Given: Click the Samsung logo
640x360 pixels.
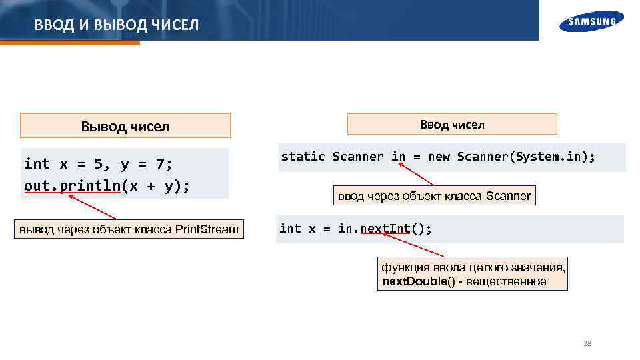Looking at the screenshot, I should [591, 21].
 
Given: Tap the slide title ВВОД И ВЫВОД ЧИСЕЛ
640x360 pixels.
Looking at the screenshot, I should [117, 25].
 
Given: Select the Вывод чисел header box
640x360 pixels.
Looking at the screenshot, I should [125, 126].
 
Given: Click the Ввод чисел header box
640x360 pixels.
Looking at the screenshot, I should [452, 124].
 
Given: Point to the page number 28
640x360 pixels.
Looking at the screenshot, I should [587, 344].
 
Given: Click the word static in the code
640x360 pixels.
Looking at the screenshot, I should [303, 157].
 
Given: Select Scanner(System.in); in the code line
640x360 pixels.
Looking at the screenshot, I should [526, 157].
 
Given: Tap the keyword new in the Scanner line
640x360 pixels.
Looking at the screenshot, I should [439, 157].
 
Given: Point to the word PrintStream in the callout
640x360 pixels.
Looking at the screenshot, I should [206, 230].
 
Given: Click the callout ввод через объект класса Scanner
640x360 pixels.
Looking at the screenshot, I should [434, 196].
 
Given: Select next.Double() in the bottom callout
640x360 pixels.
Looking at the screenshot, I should [419, 281].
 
